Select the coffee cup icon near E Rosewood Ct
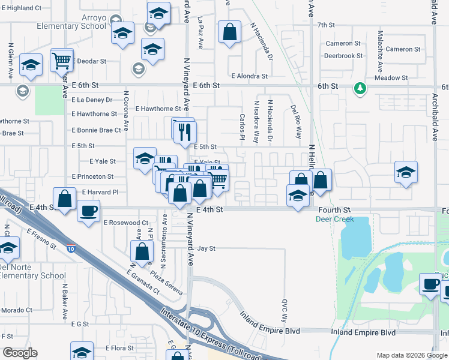[89, 212]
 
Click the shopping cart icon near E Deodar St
[62, 60]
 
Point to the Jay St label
[206, 248]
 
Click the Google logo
[20, 353]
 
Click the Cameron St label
[343, 44]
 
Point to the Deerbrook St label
[343, 55]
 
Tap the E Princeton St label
[92, 177]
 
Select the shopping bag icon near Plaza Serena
[142, 253]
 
